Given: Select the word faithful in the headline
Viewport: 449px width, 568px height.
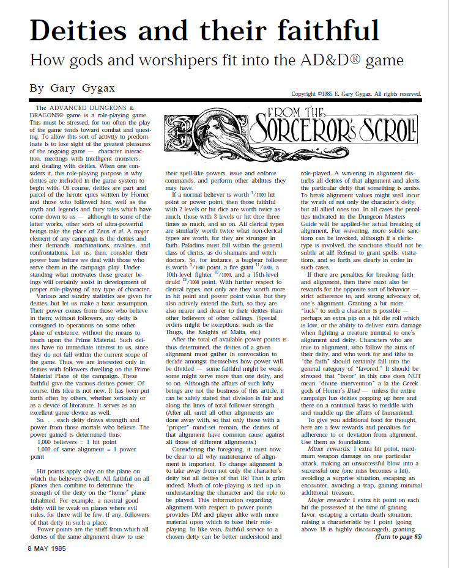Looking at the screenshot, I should [324, 30].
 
